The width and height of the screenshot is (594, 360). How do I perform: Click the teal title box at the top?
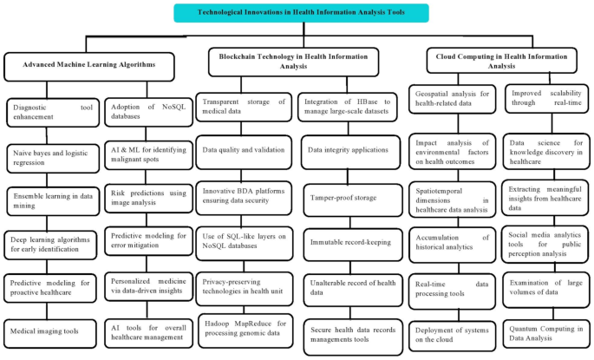coord(300,13)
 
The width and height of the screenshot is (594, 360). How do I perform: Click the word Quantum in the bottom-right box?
coord(527,327)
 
